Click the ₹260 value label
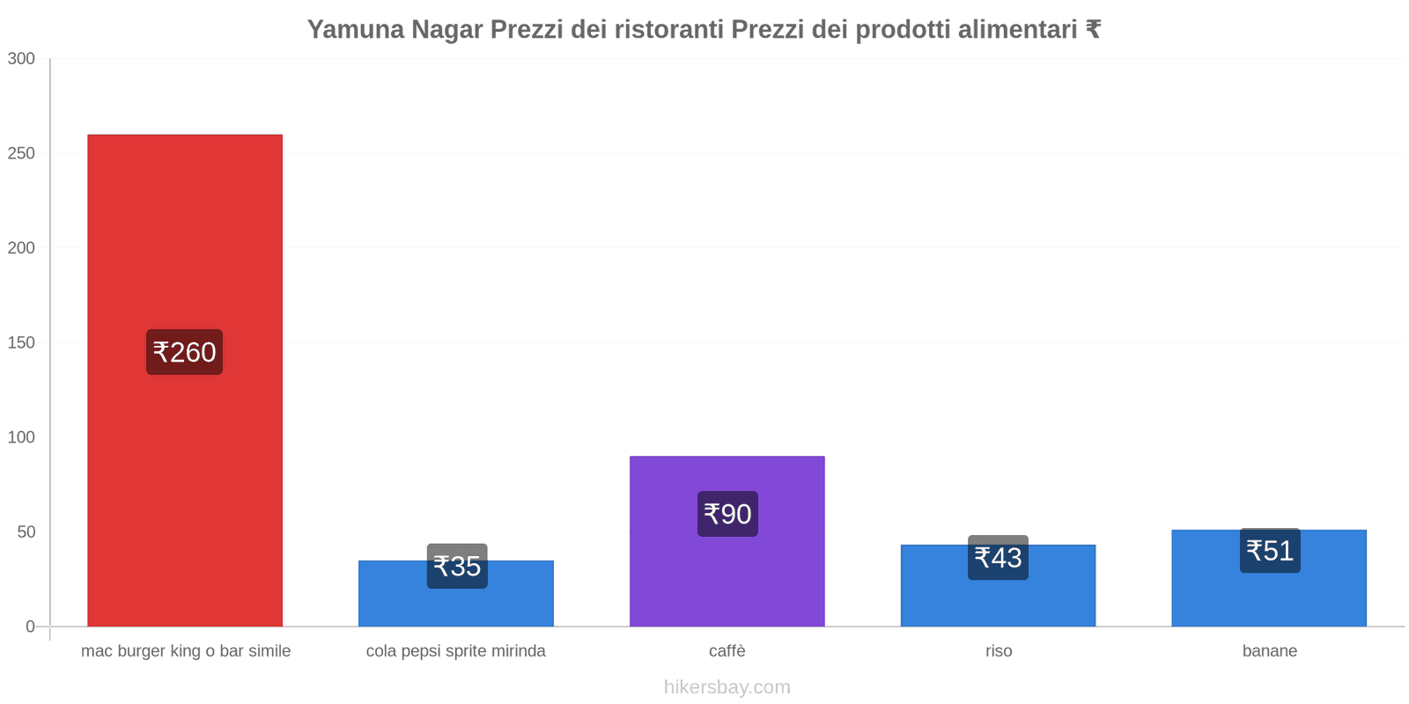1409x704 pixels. click(184, 352)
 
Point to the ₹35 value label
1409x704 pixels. click(457, 566)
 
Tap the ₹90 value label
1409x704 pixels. click(727, 514)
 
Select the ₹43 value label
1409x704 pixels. click(998, 558)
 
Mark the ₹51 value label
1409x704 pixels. click(1270, 551)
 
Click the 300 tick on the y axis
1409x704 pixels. click(21, 59)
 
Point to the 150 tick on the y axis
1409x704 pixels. click(21, 343)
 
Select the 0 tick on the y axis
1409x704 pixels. click(30, 627)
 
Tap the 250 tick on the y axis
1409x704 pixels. click(21, 154)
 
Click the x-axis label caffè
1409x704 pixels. click(727, 651)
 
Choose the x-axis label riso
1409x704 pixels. click(999, 651)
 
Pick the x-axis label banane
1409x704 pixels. click(1270, 651)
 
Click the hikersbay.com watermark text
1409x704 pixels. click(727, 687)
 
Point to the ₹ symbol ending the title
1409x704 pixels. click(1093, 30)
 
